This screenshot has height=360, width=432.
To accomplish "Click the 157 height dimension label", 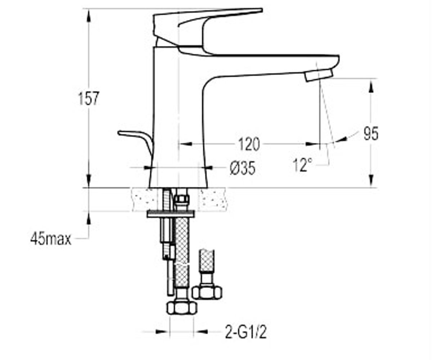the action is [89, 99].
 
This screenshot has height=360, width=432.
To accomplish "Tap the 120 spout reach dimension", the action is [249, 144].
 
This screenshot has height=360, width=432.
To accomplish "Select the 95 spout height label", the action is [371, 134].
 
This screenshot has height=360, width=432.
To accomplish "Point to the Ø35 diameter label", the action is [243, 168].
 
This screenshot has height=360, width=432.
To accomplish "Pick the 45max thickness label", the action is [51, 239].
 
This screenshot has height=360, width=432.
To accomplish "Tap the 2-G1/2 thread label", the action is [246, 332].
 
